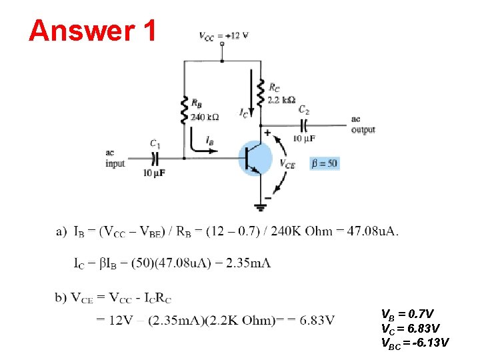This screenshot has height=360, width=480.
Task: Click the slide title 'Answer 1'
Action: (x=93, y=30)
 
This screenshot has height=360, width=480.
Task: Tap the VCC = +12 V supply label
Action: (x=223, y=35)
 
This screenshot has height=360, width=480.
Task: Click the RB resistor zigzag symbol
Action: (x=185, y=109)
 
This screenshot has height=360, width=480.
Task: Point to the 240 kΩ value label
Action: (x=205, y=117)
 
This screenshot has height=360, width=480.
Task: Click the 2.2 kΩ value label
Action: (x=281, y=100)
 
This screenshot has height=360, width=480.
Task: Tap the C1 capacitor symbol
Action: (x=155, y=158)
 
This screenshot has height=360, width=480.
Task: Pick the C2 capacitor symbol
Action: (x=304, y=125)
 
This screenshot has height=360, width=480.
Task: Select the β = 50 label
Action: (x=325, y=163)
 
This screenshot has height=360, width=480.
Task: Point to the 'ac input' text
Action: (x=115, y=159)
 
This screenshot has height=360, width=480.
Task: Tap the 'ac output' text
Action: (x=363, y=125)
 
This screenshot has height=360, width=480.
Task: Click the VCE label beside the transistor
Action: (x=287, y=163)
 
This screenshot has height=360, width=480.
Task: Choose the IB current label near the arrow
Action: (x=210, y=141)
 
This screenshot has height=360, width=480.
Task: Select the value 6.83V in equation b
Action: (x=317, y=320)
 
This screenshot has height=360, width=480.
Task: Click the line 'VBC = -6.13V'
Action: (x=415, y=343)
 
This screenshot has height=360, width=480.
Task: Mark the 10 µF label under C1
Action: (x=154, y=173)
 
